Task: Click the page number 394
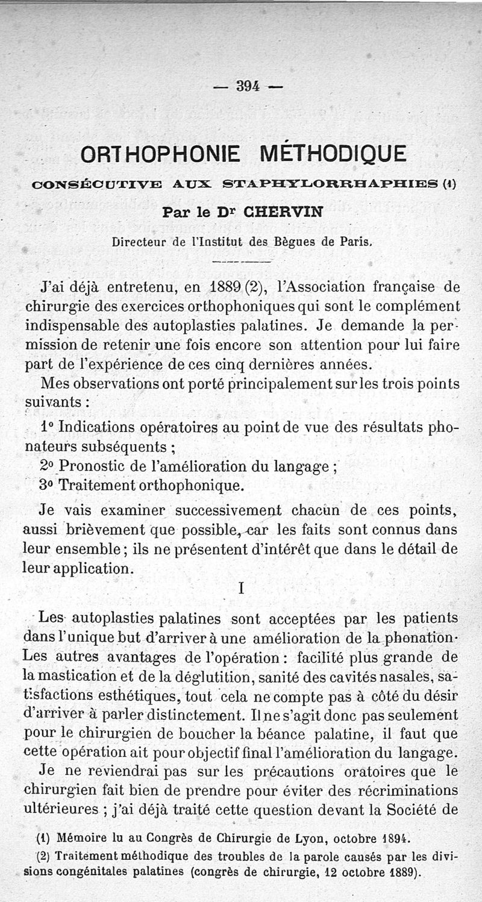(x=247, y=86)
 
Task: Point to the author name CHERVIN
(x=292, y=212)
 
